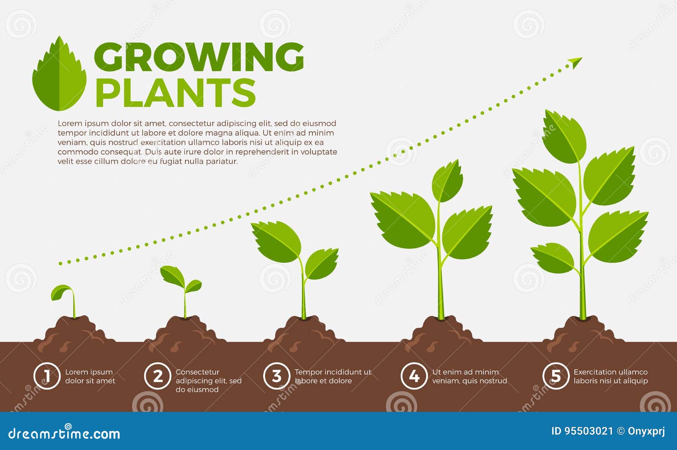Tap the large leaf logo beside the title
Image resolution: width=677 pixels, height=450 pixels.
60,74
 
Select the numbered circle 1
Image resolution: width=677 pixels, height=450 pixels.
47,376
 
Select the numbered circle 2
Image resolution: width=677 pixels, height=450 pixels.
157,376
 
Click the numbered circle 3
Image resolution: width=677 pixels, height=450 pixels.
276,376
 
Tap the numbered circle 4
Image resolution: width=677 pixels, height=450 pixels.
414,376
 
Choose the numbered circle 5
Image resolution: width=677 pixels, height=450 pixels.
556,376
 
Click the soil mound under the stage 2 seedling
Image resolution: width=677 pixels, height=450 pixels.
185,332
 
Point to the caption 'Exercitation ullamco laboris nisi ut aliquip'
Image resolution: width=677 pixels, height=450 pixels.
610,376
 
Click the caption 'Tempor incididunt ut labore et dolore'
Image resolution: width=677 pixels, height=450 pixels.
333,376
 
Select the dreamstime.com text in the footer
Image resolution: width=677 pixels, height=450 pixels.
64,433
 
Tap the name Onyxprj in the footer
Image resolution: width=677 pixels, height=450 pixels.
646,431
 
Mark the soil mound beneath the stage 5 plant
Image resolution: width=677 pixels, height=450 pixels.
583,332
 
